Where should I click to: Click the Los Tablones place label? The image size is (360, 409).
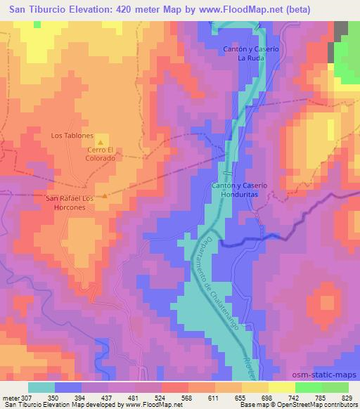(x=72, y=135)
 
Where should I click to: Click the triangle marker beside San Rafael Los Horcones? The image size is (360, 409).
(x=105, y=196)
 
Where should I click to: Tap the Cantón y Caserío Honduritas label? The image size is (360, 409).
(x=239, y=189)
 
